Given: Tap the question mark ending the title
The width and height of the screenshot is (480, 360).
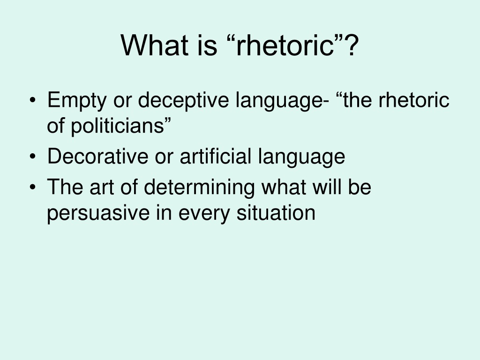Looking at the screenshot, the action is pos(352,45).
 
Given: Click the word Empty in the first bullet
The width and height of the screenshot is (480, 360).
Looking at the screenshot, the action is pos(77,100).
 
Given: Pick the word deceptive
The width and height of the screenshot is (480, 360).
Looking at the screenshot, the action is pos(183,100).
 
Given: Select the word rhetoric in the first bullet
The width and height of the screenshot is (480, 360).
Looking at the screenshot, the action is pos(414,100).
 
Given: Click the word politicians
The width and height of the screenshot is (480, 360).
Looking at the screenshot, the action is pos(118,126).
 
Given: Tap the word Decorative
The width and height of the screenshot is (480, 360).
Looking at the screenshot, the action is pos(98,156).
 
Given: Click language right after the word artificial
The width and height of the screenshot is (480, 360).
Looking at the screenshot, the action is pos(301,157).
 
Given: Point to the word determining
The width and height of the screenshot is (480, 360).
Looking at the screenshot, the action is pos(199,187).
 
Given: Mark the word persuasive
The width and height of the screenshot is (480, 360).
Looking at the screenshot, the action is pos(98,213).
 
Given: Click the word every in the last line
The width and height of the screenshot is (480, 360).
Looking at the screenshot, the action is pos(204,214).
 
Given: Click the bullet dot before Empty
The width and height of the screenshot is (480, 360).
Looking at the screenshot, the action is pos(33,100).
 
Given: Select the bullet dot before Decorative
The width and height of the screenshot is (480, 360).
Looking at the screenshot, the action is pos(33,157).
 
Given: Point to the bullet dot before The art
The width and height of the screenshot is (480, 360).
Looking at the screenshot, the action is pos(33,187).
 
